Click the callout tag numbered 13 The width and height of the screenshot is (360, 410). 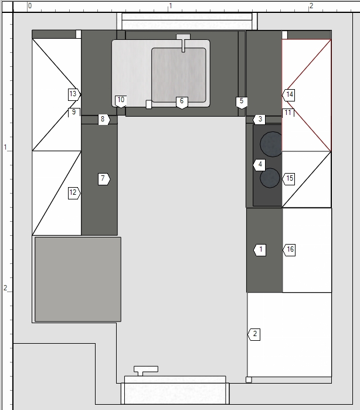(74, 94)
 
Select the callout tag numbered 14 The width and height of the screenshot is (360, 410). (288, 94)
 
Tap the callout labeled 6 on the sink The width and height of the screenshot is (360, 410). (182, 103)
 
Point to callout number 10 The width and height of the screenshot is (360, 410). (121, 101)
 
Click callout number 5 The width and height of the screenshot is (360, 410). (242, 103)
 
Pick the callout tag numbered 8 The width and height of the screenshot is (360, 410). (104, 120)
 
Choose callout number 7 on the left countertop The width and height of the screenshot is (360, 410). (104, 179)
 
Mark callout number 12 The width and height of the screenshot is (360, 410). (74, 193)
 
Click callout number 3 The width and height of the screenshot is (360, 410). (259, 120)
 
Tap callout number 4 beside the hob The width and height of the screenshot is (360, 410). (259, 165)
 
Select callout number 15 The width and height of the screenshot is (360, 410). (288, 179)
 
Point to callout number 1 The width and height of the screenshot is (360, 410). (260, 250)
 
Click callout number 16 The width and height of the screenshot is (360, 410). (289, 250)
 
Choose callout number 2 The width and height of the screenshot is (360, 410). (254, 334)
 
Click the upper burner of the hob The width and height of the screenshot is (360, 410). (272, 144)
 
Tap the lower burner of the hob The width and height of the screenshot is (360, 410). (270, 178)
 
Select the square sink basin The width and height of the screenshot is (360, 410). (179, 75)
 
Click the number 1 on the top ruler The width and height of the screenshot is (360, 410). (171, 6)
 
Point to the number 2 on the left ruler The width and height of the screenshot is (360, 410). (5, 288)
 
